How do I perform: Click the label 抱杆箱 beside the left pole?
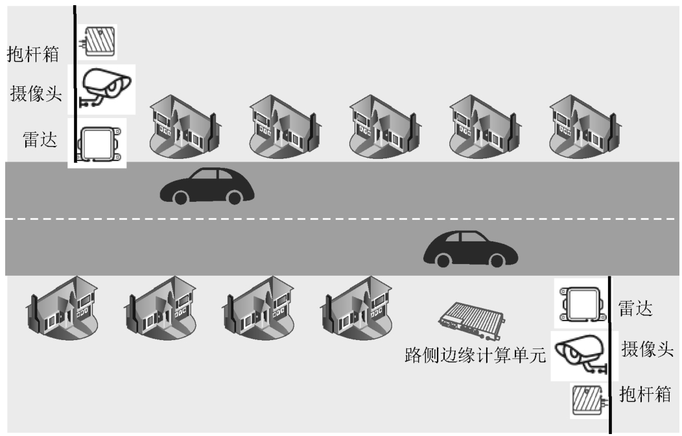(x=33, y=53)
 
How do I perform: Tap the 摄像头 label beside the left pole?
(x=36, y=93)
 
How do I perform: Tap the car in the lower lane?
(x=471, y=248)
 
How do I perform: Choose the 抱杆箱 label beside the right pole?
(x=645, y=394)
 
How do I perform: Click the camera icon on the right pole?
(x=581, y=354)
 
